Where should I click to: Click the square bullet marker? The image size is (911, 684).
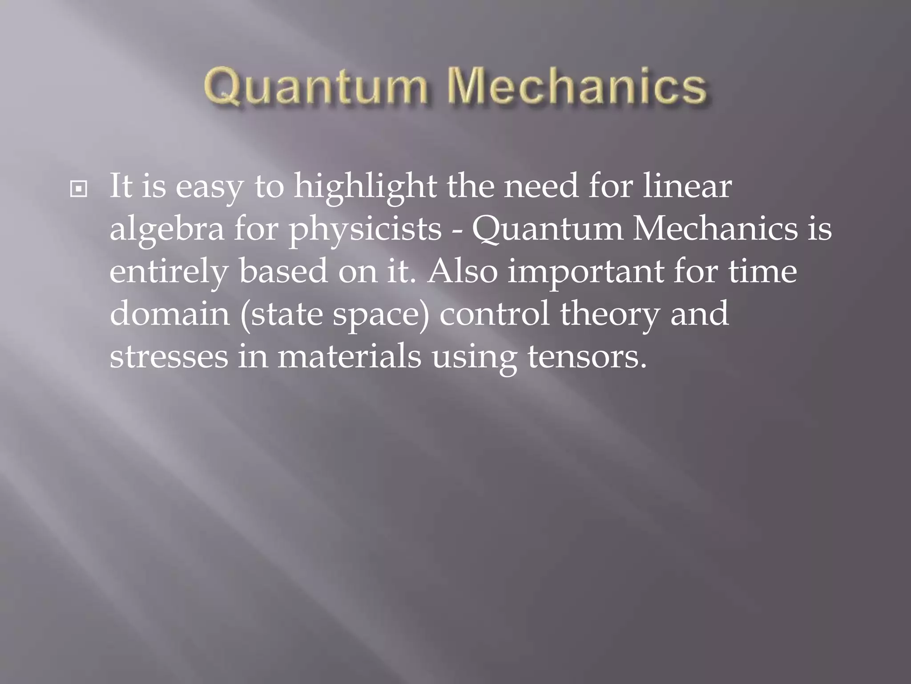point(79,190)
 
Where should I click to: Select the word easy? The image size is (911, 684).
point(210,187)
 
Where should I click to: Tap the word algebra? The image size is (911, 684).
point(167,230)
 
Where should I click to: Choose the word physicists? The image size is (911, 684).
point(365,230)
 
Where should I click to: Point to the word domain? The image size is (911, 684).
point(169,313)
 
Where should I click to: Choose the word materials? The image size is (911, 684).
point(349,356)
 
